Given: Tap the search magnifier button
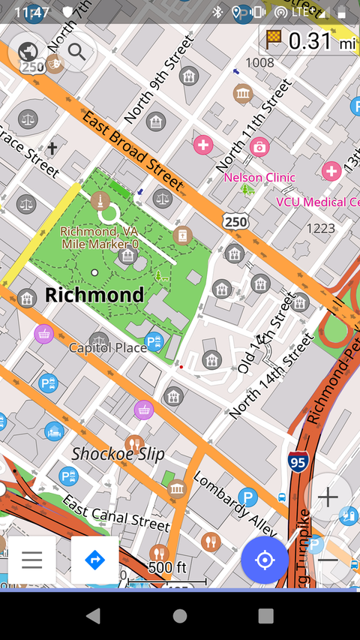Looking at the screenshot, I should pos(76,52).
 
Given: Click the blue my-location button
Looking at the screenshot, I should pos(264,560).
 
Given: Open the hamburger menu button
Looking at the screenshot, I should pos(31,560).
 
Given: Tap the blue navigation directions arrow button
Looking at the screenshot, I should pos(94,560).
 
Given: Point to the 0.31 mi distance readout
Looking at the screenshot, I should pos(309,41).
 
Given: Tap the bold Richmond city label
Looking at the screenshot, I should pos(94,295).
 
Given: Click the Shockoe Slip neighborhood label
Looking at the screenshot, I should pos(118,454).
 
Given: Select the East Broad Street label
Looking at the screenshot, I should pos(133,150).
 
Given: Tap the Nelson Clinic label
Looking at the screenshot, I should pos(259,178).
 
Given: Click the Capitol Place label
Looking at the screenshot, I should pos(108,347).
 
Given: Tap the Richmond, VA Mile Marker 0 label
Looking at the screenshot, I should pos(99,238).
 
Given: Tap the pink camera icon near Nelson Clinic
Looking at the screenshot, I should pos(259,146).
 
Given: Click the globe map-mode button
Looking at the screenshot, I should pos(28,52).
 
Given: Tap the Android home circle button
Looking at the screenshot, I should pos(180,616).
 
